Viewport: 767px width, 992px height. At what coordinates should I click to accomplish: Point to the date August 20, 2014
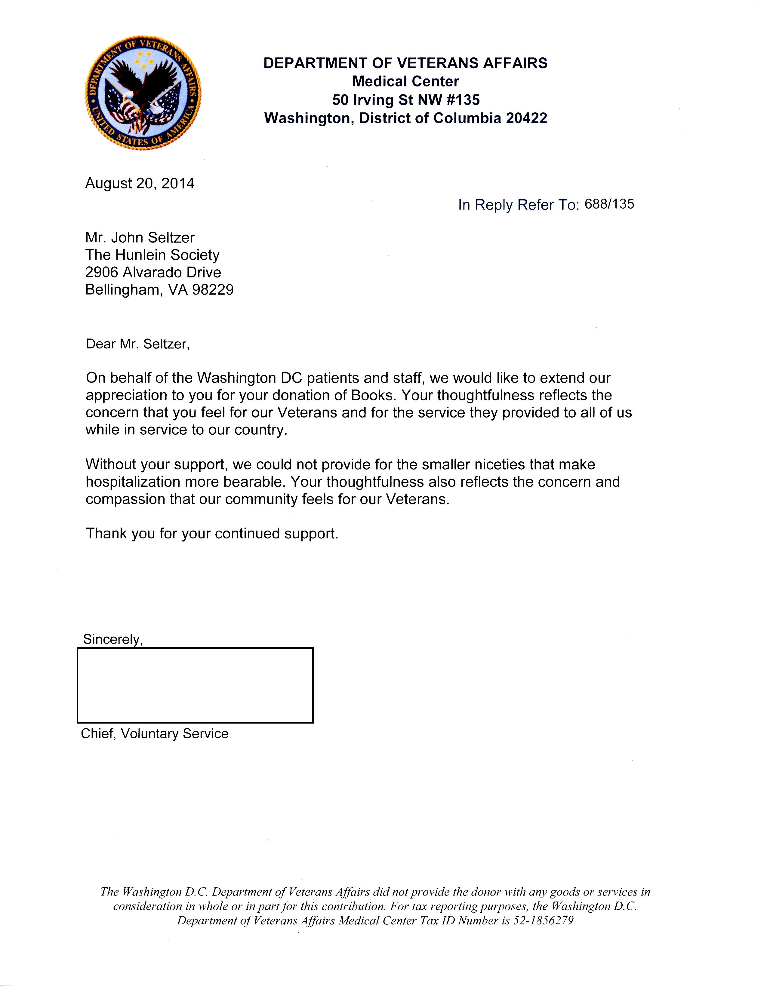(x=140, y=183)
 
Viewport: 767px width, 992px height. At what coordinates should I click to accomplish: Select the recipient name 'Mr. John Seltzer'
(x=140, y=237)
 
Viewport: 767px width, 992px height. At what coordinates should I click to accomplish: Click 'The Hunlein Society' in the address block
(x=152, y=255)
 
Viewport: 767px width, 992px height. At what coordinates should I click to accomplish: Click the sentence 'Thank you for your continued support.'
(x=212, y=533)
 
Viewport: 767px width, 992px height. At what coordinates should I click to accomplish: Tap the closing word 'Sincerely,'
(x=113, y=639)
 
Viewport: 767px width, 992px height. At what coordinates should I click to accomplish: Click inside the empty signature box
(x=195, y=685)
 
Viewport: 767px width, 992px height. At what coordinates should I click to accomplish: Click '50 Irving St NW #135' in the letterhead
(x=406, y=100)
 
